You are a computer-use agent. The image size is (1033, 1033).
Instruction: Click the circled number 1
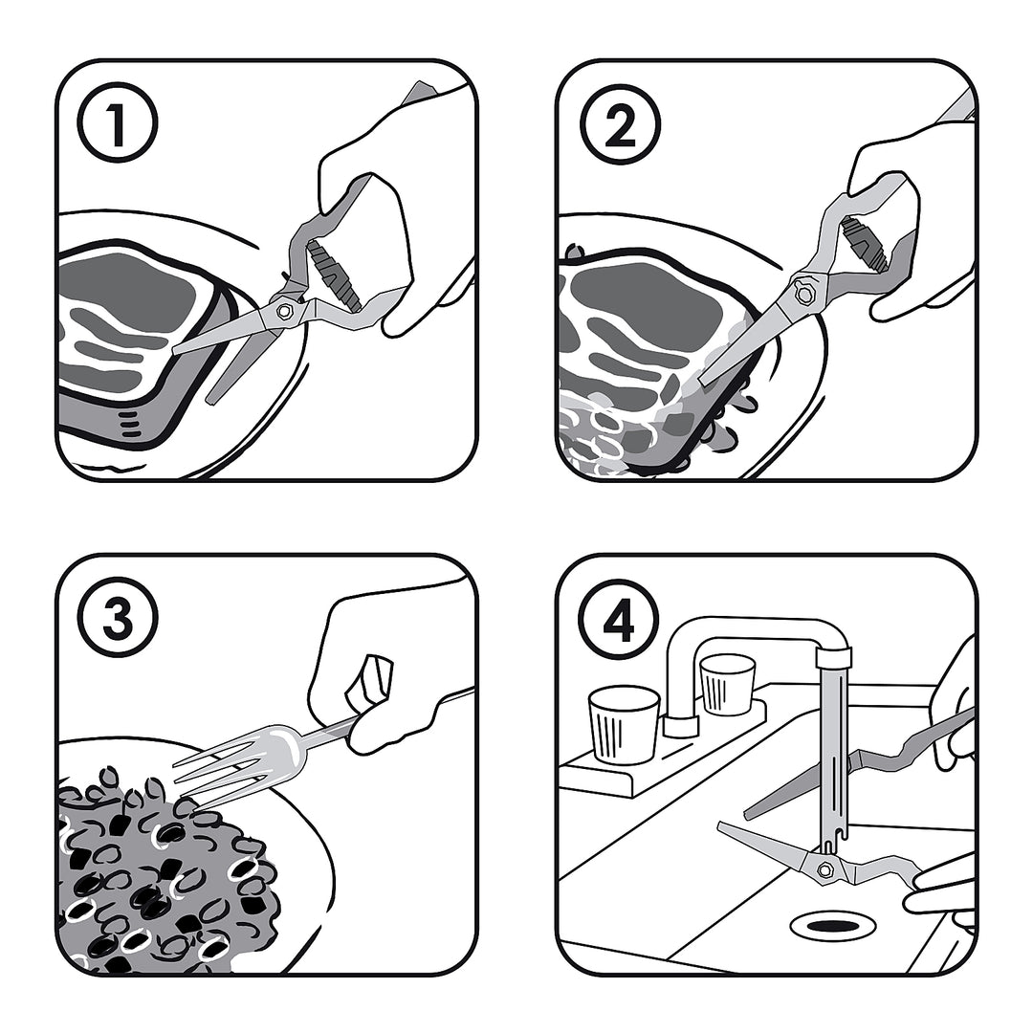click(x=118, y=122)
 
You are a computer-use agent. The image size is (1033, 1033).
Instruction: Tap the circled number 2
click(x=619, y=122)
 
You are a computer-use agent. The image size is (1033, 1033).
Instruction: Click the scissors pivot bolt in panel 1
click(x=286, y=310)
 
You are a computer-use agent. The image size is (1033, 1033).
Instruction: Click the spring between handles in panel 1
click(x=335, y=274)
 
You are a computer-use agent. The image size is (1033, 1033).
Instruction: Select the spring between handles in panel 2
click(x=864, y=246)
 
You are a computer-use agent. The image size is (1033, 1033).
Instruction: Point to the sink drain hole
click(x=831, y=927)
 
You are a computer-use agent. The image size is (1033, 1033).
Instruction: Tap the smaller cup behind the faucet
click(x=727, y=685)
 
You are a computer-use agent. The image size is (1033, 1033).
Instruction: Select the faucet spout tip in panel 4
click(x=833, y=656)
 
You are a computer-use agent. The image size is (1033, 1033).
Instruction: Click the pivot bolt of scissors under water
click(x=824, y=870)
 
